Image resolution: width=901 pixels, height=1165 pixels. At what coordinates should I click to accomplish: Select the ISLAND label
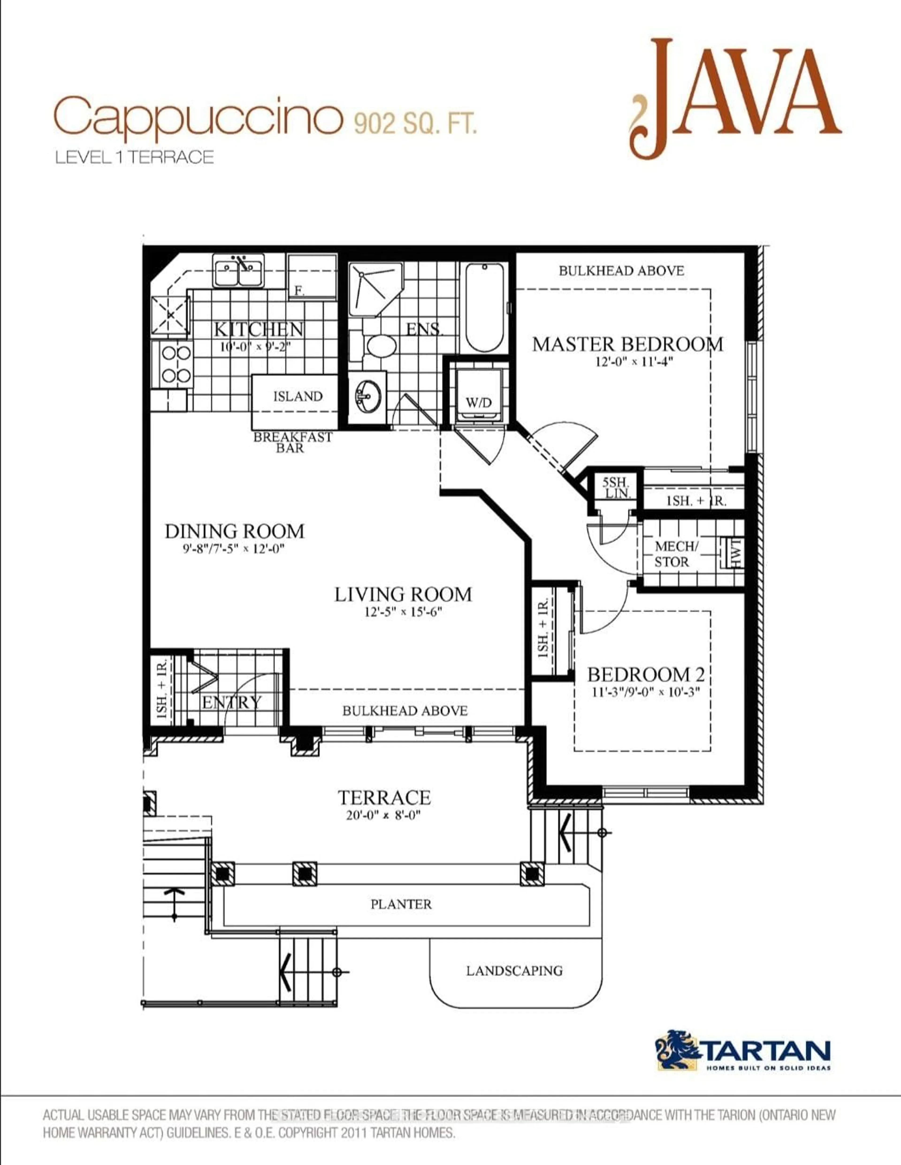pos(298,396)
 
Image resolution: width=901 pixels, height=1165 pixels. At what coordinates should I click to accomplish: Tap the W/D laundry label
pos(478,403)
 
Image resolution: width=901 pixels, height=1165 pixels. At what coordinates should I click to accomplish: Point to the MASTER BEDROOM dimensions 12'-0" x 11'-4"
pos(634,362)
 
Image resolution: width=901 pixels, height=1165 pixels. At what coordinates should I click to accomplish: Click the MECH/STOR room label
pos(675,554)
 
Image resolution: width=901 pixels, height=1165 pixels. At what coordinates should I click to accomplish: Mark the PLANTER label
pos(401,904)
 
